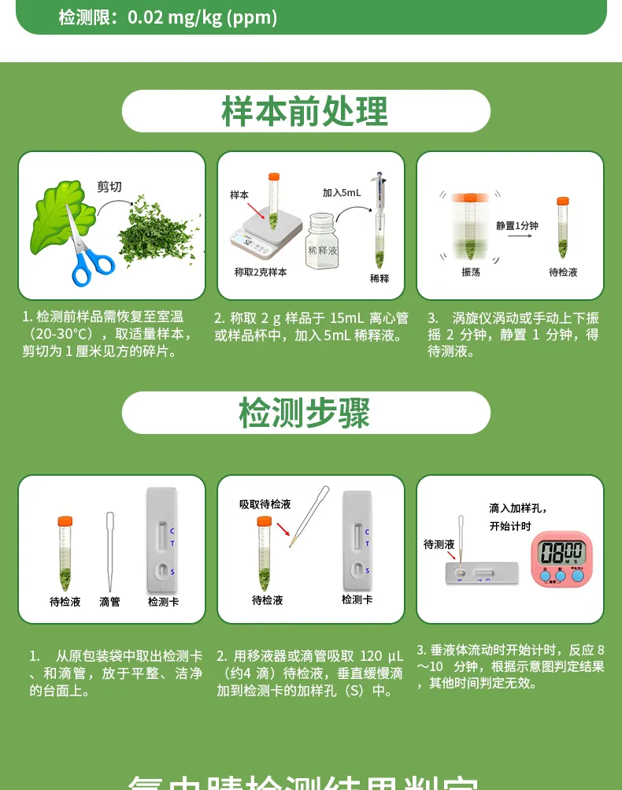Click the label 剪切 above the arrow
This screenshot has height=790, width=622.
point(109,187)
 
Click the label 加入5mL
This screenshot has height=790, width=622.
point(342,192)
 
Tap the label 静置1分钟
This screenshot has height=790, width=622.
point(517,226)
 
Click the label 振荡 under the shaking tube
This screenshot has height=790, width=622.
point(471,273)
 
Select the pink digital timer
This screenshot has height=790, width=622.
point(561,558)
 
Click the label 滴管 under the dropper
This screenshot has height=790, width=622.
point(110,602)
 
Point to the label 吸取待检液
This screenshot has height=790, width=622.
point(265,504)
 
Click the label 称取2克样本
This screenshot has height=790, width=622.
point(261,273)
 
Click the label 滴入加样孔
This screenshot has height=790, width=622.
point(517,508)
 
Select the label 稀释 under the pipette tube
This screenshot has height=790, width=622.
point(379,279)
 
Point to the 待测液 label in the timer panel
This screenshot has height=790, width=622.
point(439,544)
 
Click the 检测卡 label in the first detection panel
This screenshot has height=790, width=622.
point(163,602)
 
